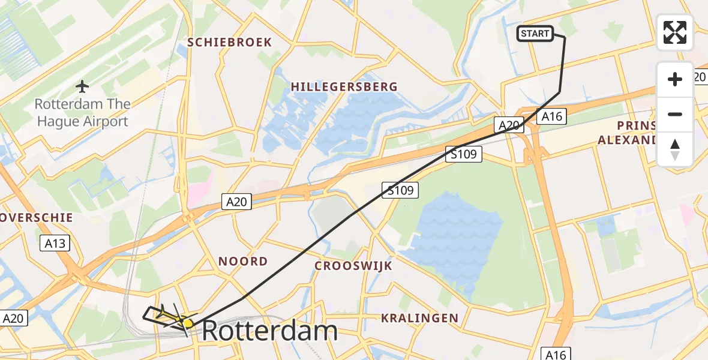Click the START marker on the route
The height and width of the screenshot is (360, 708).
click(x=535, y=34)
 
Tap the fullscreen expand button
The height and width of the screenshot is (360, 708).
click(x=675, y=32)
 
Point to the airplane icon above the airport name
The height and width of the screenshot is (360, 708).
click(x=82, y=87)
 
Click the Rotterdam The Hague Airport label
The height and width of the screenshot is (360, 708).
click(x=82, y=113)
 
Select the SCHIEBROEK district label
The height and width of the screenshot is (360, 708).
click(x=230, y=43)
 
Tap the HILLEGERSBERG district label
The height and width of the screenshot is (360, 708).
click(x=344, y=87)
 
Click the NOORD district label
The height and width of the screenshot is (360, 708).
click(x=243, y=262)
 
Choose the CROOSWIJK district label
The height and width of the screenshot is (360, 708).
click(x=353, y=266)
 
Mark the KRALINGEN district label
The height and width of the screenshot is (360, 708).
click(x=419, y=318)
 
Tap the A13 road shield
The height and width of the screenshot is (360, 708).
click(x=55, y=243)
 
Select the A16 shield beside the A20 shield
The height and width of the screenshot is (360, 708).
click(x=551, y=116)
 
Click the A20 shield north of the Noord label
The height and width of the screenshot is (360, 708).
click(x=236, y=202)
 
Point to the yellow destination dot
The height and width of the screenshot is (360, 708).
click(x=188, y=323)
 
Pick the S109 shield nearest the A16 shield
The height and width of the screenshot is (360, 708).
click(x=464, y=155)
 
